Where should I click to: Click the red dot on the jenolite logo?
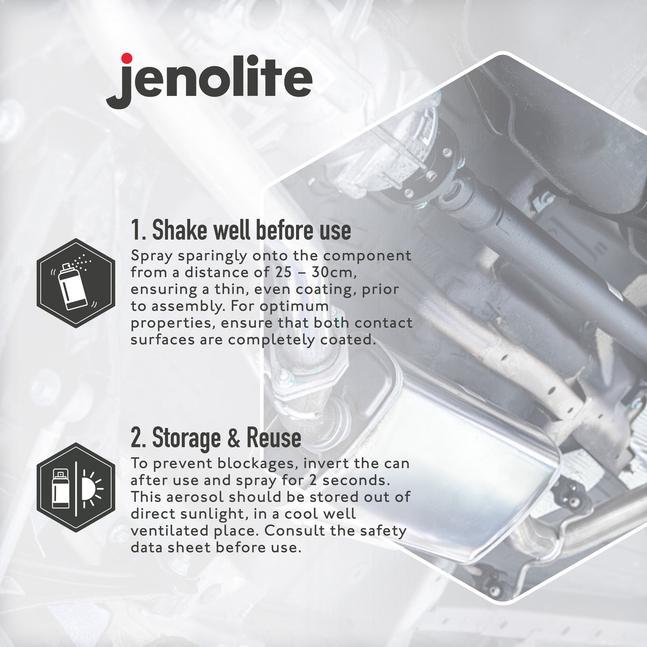point(126,58)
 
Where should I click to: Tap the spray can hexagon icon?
point(76,283)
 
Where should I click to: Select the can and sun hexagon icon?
point(76,487)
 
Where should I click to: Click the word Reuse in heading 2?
point(274,438)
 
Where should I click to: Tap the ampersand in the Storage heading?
point(234,438)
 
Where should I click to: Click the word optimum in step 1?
point(294,307)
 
